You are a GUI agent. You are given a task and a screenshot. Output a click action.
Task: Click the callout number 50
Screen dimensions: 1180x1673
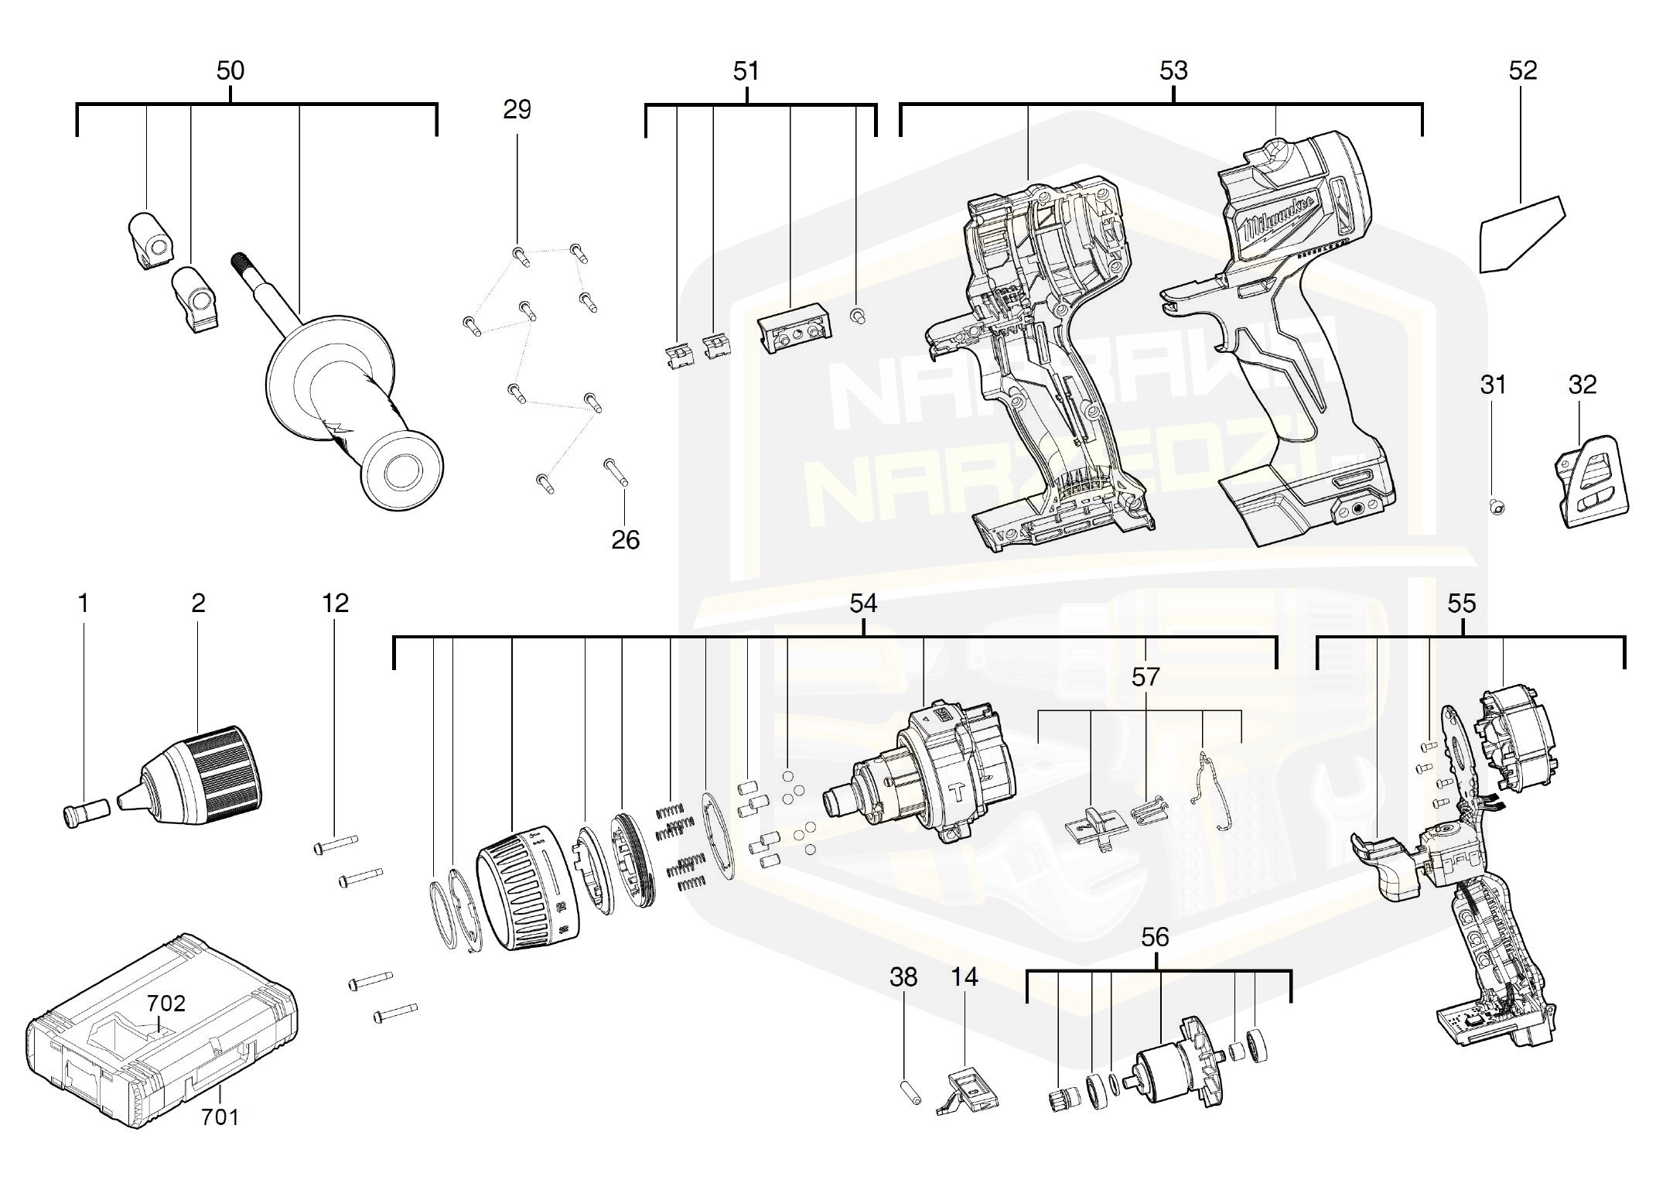pos(230,71)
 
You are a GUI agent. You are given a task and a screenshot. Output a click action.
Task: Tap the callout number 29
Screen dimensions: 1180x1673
pos(517,110)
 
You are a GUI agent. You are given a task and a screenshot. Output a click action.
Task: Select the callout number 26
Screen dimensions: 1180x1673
pos(625,540)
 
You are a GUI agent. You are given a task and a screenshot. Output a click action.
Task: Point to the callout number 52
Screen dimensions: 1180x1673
pos(1522,71)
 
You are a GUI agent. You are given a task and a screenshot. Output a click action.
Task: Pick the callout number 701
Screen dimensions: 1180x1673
pos(220,1117)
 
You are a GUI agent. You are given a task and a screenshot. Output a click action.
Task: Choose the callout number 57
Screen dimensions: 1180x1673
pos(1145,677)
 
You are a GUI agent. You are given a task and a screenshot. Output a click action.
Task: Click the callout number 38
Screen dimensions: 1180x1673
pos(903,977)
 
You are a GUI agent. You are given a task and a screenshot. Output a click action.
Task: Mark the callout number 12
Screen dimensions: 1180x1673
pos(335,603)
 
